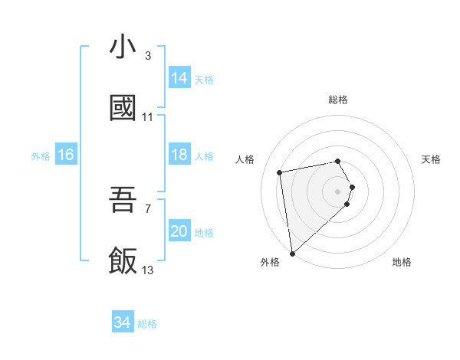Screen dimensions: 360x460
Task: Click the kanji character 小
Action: coord(123,47)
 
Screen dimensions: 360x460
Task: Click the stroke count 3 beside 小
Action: coord(147,56)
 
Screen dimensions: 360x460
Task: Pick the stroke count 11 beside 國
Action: coord(147,117)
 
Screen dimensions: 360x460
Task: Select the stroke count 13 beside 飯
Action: coord(147,270)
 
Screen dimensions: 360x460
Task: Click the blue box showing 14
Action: coord(179,78)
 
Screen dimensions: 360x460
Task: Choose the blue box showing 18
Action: coord(179,155)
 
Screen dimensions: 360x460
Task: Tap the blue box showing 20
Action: coord(179,231)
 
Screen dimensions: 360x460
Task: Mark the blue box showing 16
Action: coord(66,155)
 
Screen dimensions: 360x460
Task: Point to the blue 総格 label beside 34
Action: coord(148,324)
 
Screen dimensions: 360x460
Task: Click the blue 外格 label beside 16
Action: coord(41,156)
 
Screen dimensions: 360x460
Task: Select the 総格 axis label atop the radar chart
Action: coord(337,100)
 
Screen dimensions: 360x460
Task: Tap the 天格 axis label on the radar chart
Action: coord(432,159)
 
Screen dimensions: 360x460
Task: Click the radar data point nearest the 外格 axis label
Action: coord(291,253)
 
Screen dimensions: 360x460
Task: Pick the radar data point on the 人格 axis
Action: coord(281,172)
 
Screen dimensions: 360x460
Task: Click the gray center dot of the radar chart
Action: coord(337,190)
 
